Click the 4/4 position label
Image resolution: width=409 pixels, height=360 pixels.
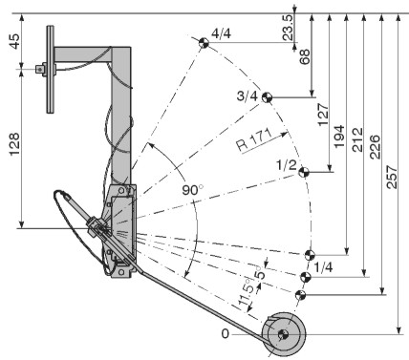point(221,33)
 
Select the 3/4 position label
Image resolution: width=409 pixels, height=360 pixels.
point(248,95)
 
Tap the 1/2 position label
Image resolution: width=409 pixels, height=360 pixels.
point(287,165)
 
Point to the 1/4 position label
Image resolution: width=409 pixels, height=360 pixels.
point(323,267)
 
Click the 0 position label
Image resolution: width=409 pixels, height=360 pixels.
point(226,334)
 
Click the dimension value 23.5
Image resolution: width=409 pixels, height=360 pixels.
point(288,28)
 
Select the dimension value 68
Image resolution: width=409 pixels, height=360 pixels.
point(305,56)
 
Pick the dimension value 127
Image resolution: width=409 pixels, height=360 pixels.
point(323,115)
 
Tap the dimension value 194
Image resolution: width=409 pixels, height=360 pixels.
point(339,137)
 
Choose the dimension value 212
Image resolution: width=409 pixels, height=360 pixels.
point(357,139)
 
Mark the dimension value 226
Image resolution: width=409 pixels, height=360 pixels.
point(375,147)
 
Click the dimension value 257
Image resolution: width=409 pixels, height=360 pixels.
point(393,177)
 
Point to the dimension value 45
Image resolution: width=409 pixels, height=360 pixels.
point(15,41)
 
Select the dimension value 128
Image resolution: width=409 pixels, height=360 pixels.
point(15,144)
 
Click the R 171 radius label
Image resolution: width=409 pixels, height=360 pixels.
point(255,140)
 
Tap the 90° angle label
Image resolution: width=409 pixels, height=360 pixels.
point(192,190)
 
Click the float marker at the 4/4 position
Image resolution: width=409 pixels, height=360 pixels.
point(204,43)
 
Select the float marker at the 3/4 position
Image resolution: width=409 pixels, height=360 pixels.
point(267,97)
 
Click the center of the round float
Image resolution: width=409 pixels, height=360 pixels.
point(283,334)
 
